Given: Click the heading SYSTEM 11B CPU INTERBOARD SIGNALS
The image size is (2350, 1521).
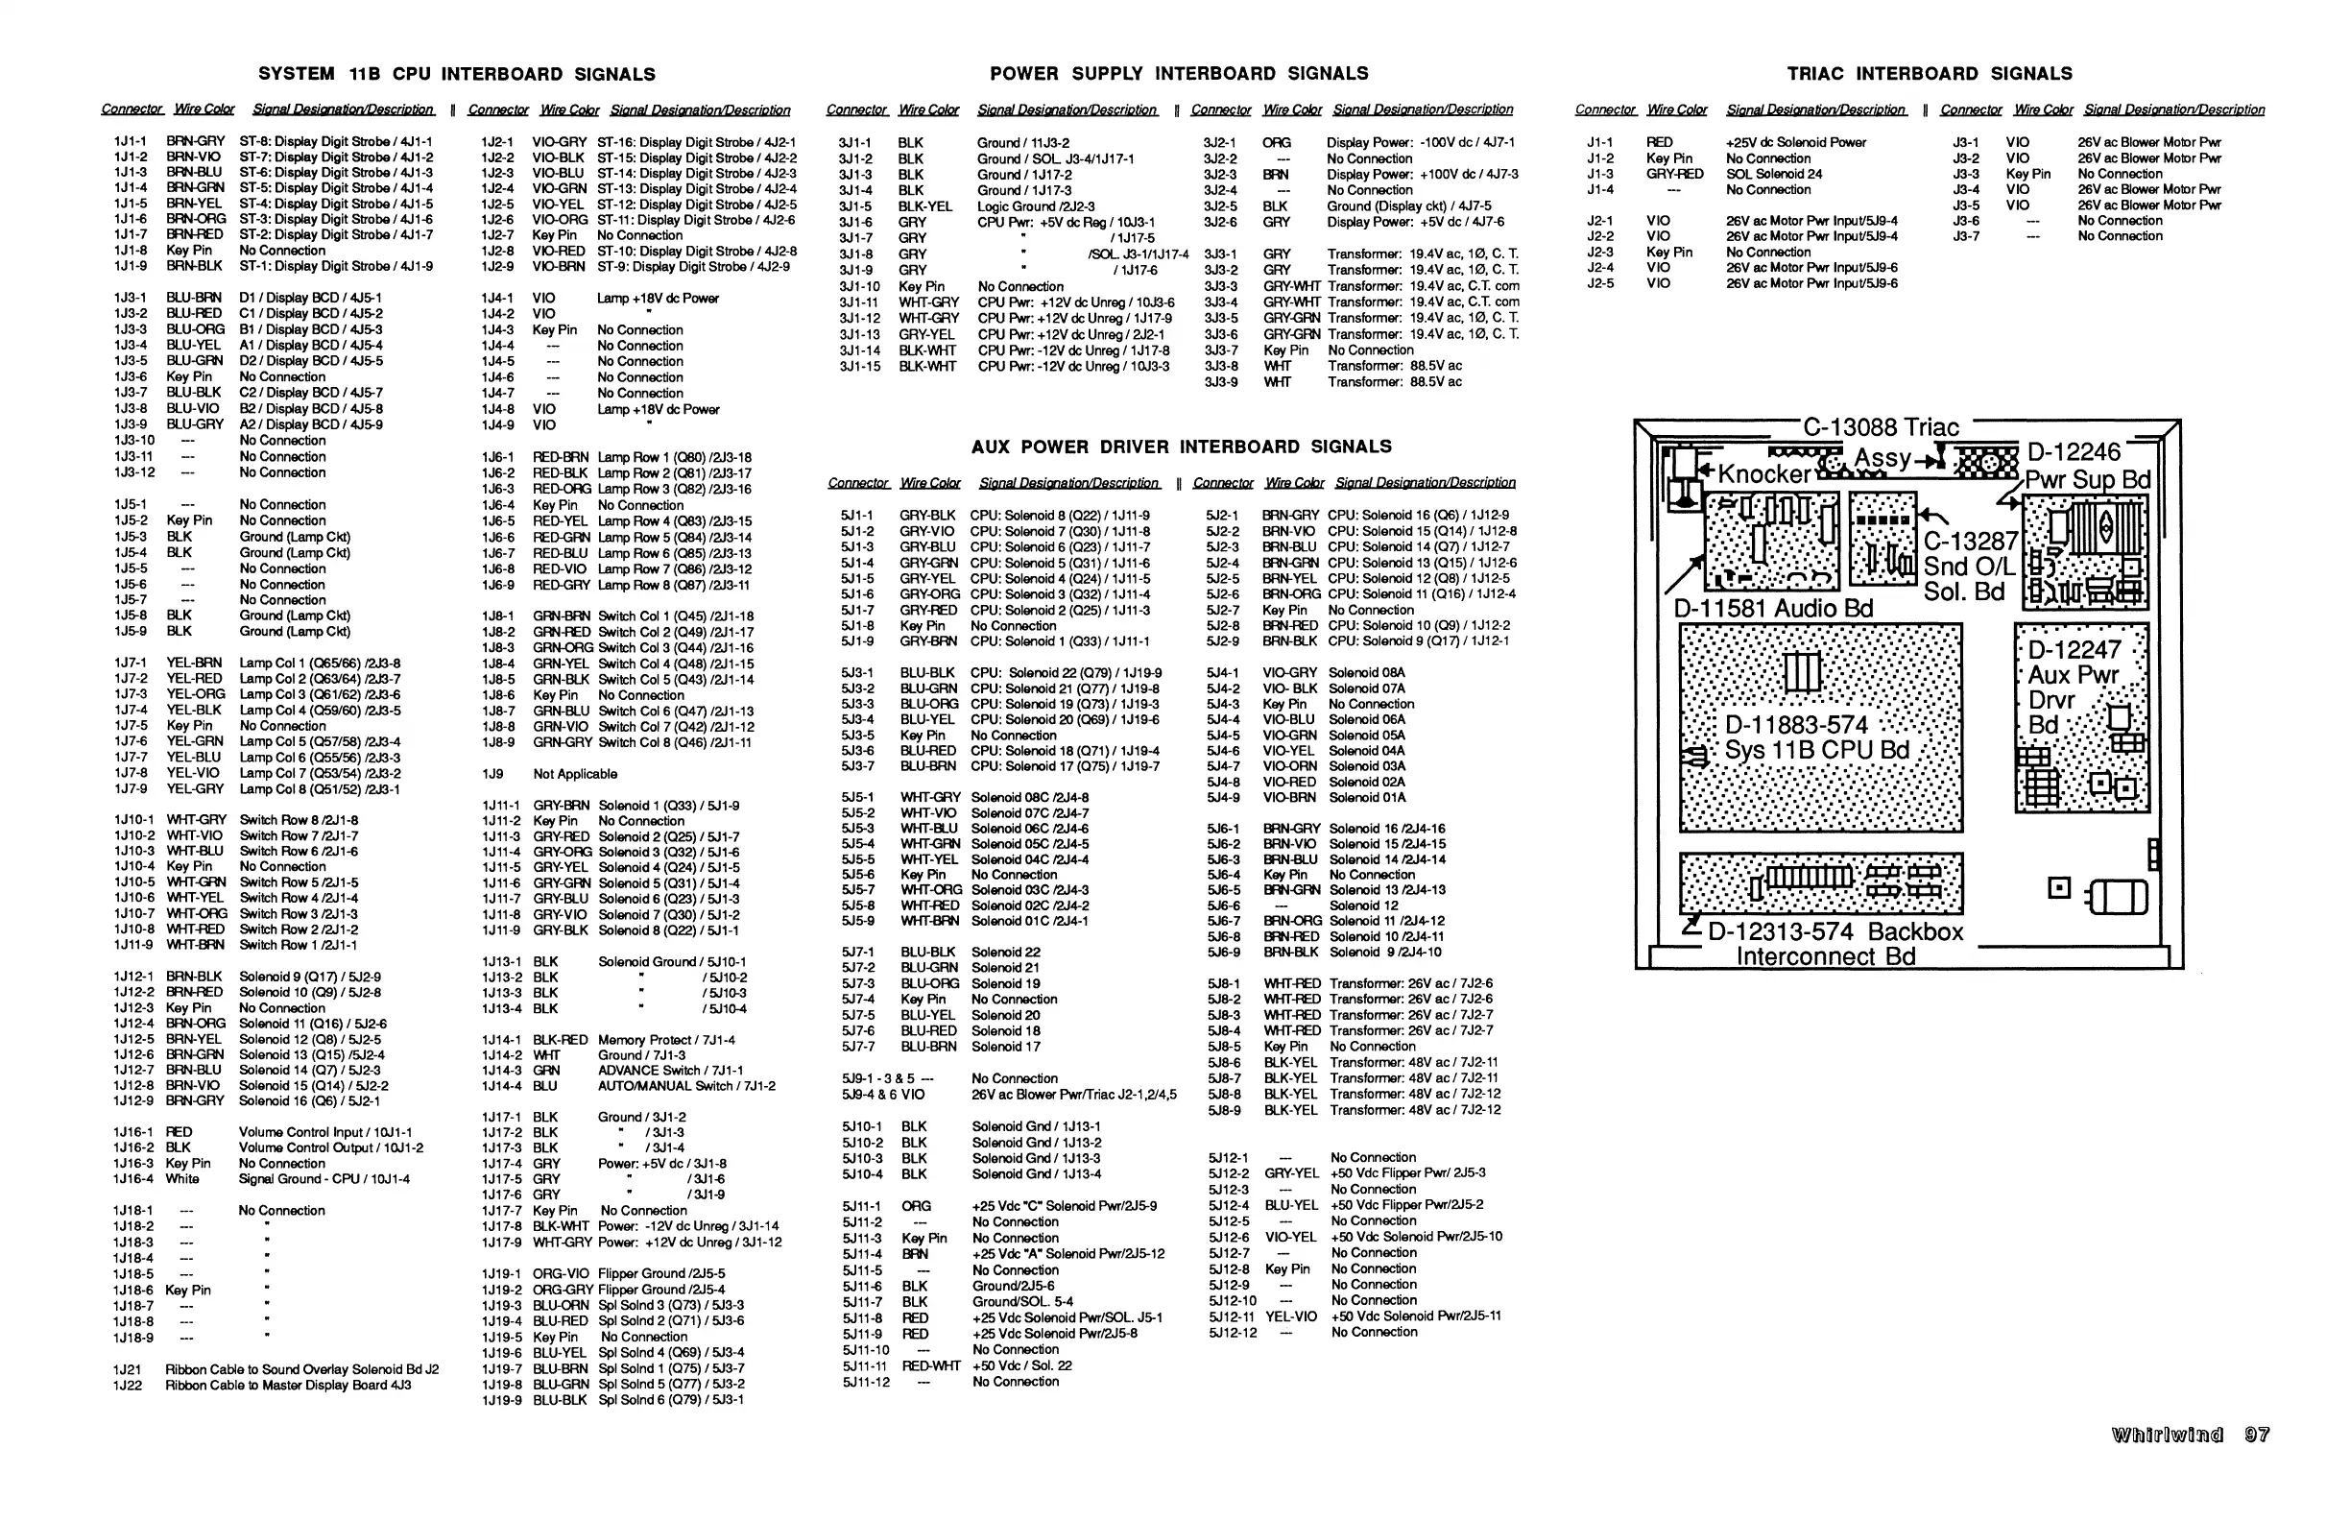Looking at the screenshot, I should pos(456,74).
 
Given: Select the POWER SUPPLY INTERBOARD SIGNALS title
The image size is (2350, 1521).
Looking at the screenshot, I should pos(1179,74).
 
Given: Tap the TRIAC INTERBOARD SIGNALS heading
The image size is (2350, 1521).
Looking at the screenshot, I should pos(1930,74).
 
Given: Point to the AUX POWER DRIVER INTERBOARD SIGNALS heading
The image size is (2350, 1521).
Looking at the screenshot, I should pos(1181,447).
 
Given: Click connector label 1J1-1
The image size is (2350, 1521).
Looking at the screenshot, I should pos(130,141).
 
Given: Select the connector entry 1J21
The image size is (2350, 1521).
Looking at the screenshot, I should pos(128,1369).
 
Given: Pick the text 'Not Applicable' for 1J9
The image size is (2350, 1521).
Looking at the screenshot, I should pos(575,773).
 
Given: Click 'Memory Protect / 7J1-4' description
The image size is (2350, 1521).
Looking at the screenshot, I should pos(666,1039).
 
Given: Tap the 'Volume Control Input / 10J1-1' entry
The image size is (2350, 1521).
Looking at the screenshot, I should pos(324,1132).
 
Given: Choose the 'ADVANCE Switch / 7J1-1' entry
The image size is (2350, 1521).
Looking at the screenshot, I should pos(670,1070).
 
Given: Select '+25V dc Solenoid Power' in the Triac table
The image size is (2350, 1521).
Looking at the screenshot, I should pos(1795,142).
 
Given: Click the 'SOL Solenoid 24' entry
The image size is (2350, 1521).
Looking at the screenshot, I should pos(1773,174).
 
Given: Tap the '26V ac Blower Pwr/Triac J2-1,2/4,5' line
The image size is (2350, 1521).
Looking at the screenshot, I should pos(1073,1095).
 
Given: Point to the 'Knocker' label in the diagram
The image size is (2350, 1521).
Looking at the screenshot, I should pos(1764,474).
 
